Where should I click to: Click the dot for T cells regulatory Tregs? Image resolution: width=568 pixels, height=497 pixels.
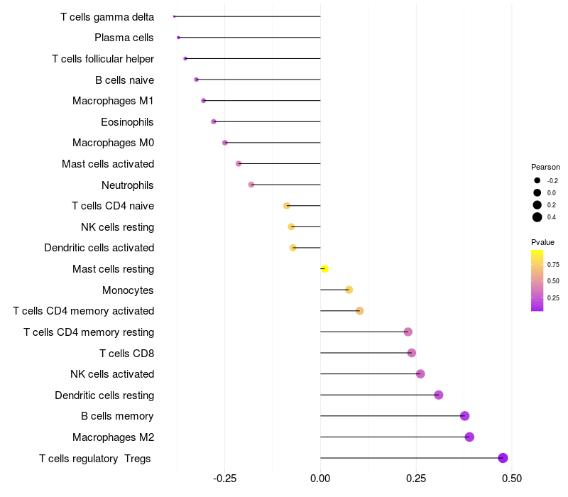pyautogui.click(x=503, y=458)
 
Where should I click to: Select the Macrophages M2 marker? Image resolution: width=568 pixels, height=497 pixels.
pyautogui.click(x=469, y=437)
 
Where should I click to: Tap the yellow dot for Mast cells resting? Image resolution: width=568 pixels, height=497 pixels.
pyautogui.click(x=324, y=268)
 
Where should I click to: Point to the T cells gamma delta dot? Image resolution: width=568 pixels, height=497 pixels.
pyautogui.click(x=174, y=16)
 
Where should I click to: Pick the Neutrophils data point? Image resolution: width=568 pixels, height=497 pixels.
pyautogui.click(x=251, y=185)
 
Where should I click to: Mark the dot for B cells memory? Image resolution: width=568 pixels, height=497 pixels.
pyautogui.click(x=465, y=416)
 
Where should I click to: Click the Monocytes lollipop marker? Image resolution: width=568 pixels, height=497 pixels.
pyautogui.click(x=349, y=290)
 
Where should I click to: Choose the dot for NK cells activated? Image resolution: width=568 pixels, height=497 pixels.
pyautogui.click(x=420, y=373)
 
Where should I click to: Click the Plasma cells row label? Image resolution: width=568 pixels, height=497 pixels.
pyautogui.click(x=124, y=38)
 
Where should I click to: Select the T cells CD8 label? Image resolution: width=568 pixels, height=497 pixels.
pyautogui.click(x=126, y=353)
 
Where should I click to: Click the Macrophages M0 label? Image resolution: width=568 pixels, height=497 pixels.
pyautogui.click(x=113, y=143)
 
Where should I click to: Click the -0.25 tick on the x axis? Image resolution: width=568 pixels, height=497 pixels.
pyautogui.click(x=225, y=478)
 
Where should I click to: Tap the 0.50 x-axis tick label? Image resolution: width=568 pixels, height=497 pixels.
pyautogui.click(x=511, y=478)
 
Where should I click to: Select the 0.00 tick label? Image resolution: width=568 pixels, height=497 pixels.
pyautogui.click(x=320, y=478)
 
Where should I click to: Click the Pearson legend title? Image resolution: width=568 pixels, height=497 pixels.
pyautogui.click(x=545, y=167)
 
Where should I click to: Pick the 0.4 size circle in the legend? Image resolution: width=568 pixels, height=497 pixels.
pyautogui.click(x=537, y=217)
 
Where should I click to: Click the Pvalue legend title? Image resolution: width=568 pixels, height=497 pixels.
pyautogui.click(x=542, y=242)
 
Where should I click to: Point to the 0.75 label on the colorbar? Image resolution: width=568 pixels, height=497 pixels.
pyautogui.click(x=553, y=264)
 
